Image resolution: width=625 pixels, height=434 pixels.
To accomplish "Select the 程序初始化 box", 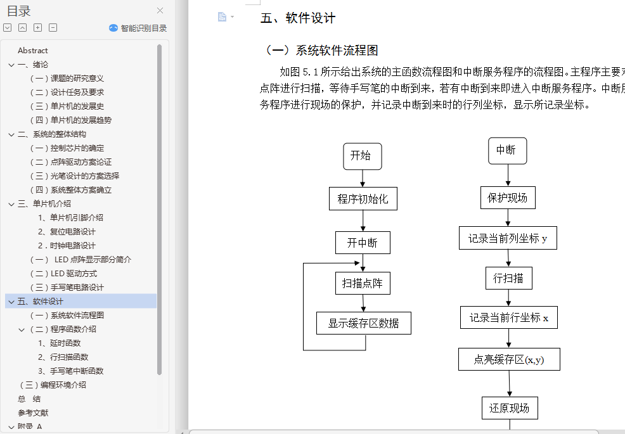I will coord(363,199).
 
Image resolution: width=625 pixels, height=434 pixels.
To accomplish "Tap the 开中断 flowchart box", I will coord(363,243).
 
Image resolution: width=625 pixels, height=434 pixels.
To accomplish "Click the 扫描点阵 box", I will coord(363,283).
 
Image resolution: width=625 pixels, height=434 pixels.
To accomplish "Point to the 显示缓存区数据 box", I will coord(364,323).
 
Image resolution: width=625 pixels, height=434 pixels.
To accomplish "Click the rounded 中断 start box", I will coord(507,150).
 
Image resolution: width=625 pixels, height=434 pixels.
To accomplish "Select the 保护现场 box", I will coord(507,198).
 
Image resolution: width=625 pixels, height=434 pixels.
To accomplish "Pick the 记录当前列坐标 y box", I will coord(508,238).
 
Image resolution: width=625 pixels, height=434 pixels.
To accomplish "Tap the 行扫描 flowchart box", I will coord(508,278).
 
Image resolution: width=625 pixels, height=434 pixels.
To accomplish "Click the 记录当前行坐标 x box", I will coord(509,317).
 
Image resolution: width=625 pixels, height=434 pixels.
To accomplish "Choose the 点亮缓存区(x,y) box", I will coord(509,359).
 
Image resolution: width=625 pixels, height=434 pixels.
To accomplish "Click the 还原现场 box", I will coord(510,407).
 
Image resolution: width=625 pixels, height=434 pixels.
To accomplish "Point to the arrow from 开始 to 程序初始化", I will coord(363,179).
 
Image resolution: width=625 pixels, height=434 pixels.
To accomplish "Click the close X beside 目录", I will coord(160,10).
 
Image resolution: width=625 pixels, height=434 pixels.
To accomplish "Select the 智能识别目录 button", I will coord(138,28).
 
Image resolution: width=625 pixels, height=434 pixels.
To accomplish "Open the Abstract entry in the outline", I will coord(33,51).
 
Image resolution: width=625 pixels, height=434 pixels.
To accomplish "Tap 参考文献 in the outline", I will coord(33,413).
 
